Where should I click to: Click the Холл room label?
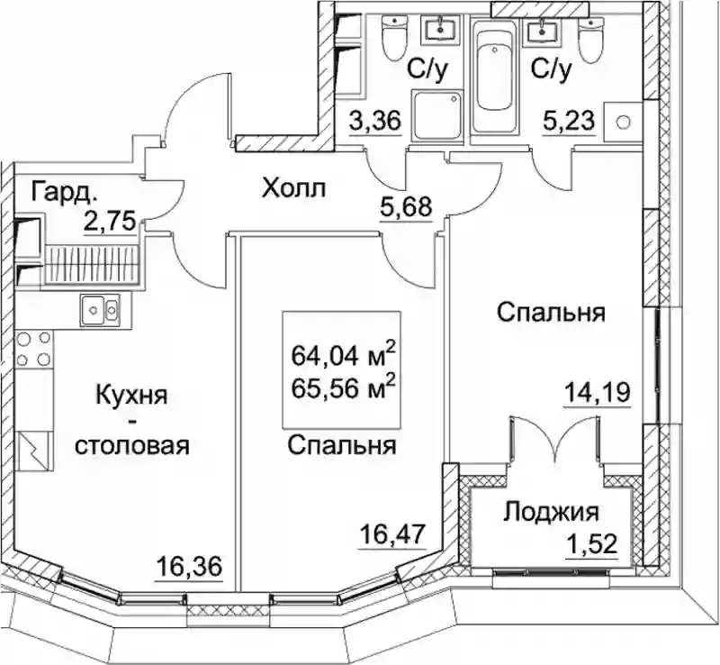pos(293,188)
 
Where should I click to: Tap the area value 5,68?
pos(406,207)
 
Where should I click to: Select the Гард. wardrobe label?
pos(65,193)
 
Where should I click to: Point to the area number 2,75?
pos(109,221)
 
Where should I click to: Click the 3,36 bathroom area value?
pos(375,121)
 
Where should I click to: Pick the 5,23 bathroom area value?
pos(569,122)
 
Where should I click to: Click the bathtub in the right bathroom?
pos(493,76)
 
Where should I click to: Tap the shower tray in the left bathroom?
pos(436,115)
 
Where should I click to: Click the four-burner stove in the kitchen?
pos(33,350)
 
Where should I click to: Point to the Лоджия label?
pos(552,513)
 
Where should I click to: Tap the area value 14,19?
pos(598,392)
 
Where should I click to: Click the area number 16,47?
pos(393,534)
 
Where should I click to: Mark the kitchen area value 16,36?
pos(189,565)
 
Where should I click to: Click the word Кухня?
pos(131,396)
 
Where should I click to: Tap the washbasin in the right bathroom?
pos(543,31)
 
